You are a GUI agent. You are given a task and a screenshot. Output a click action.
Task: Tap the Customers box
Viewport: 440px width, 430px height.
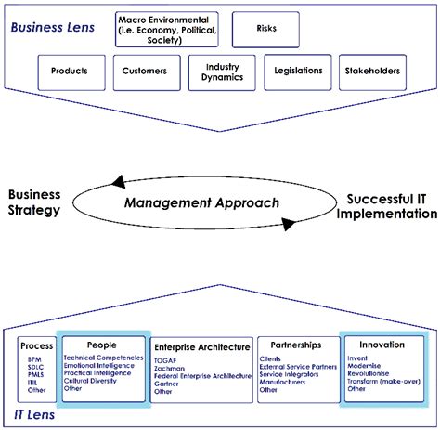(x=145, y=71)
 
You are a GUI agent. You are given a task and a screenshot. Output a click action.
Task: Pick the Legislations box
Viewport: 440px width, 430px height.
(x=296, y=71)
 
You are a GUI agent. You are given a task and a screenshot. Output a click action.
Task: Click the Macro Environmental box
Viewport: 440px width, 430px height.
(x=167, y=30)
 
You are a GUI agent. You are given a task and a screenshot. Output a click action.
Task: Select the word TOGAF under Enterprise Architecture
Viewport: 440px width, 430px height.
(x=167, y=358)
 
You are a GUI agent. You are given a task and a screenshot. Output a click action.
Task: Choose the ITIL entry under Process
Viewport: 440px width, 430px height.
(x=35, y=382)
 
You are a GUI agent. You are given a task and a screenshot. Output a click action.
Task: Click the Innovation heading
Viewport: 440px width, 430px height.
(x=382, y=345)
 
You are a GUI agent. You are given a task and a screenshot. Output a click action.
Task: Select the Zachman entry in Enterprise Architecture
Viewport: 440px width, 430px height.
(x=170, y=367)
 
